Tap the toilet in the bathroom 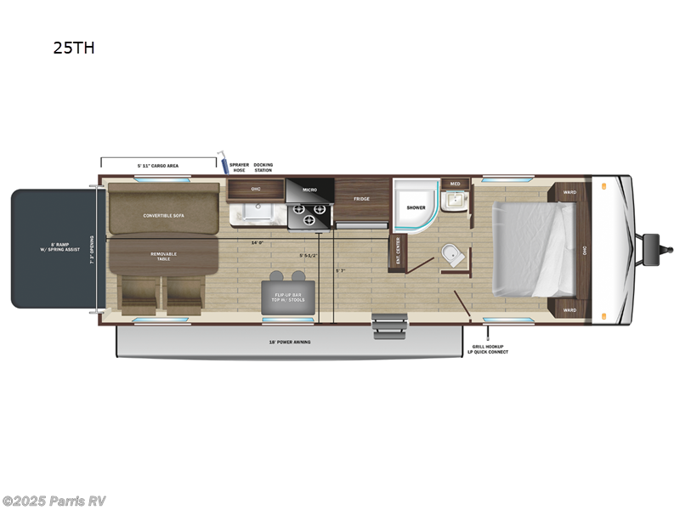click(x=450, y=253)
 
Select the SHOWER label click(x=416, y=207)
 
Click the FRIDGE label click(x=362, y=199)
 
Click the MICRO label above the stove click(x=309, y=190)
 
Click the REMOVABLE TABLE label click(x=165, y=255)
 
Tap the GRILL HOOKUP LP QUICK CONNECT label click(x=490, y=348)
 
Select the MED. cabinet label click(x=455, y=183)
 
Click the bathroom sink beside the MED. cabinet click(x=454, y=200)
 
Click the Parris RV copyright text click(x=54, y=501)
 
